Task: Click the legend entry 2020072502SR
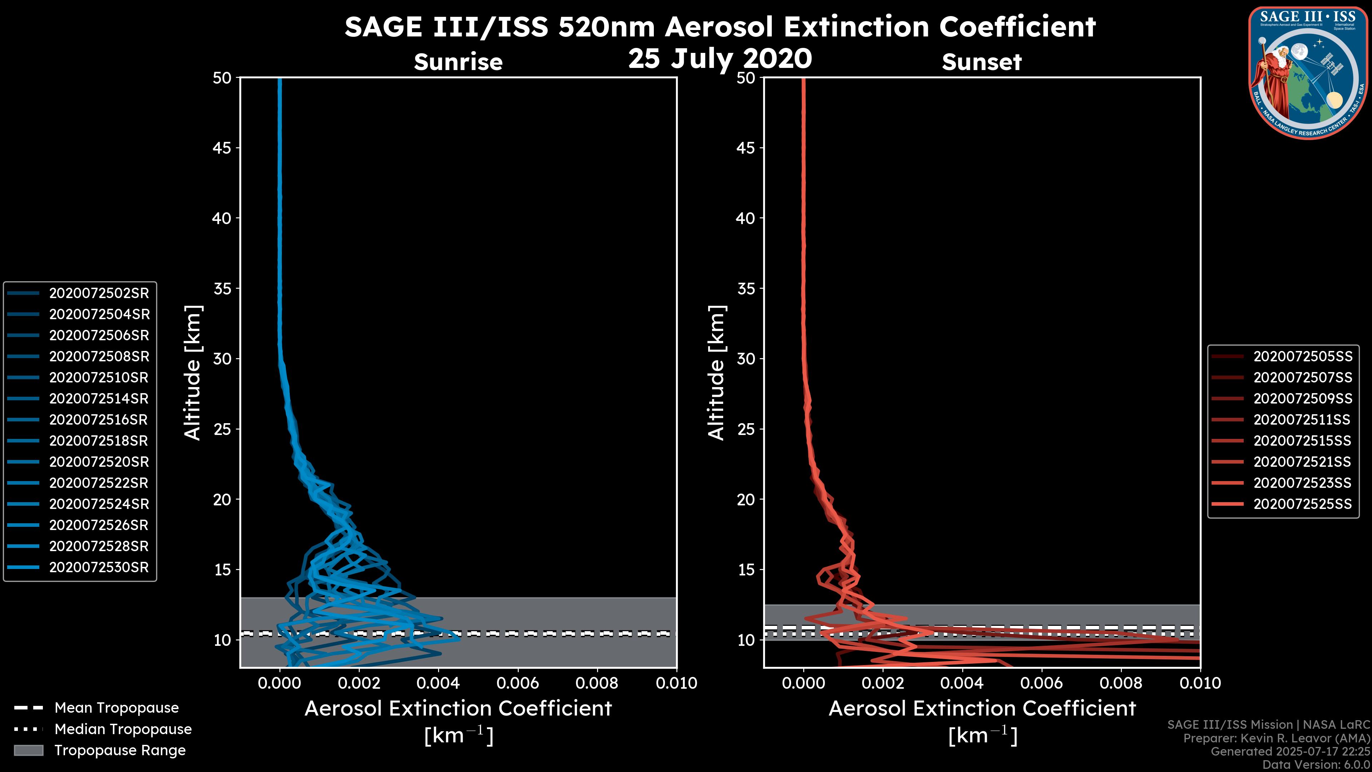click(x=99, y=293)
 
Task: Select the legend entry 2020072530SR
click(x=99, y=568)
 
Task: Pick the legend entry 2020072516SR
click(x=99, y=420)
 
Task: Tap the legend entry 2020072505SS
click(x=1302, y=356)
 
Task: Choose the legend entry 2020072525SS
click(x=1302, y=504)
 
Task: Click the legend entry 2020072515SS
click(x=1302, y=441)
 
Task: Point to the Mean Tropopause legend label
click(x=116, y=708)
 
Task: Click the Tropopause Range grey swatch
click(x=28, y=750)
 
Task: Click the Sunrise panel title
click(x=458, y=62)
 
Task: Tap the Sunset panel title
click(x=981, y=62)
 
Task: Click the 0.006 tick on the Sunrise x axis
click(x=518, y=683)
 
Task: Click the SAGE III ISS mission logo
click(x=1309, y=73)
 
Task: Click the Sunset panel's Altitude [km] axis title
click(x=716, y=373)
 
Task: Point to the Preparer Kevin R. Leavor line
click(x=1276, y=738)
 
